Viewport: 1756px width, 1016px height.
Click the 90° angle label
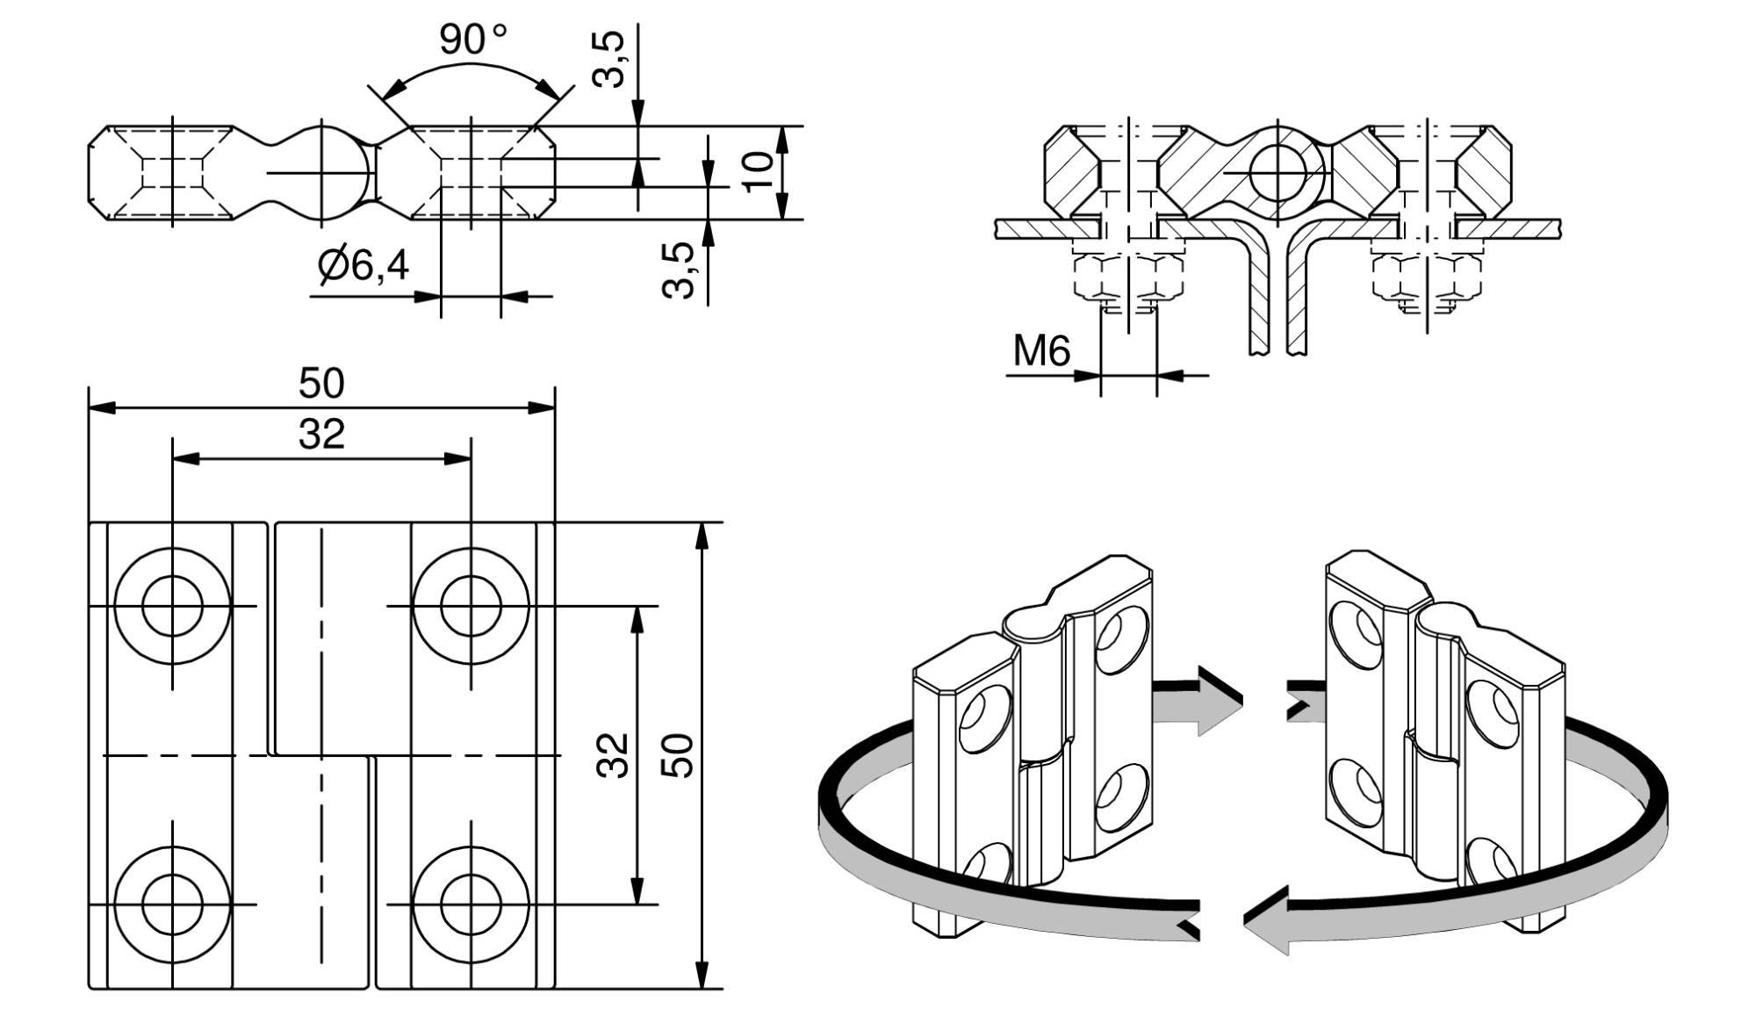click(472, 40)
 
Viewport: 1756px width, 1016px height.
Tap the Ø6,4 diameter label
click(363, 264)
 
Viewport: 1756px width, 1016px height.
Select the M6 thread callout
click(1041, 351)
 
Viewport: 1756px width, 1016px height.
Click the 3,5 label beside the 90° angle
click(608, 59)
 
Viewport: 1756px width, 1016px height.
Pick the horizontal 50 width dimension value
click(321, 384)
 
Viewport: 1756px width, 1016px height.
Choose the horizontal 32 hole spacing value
click(321, 435)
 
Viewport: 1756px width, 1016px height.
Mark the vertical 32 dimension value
click(613, 755)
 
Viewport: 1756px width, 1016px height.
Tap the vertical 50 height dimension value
click(677, 755)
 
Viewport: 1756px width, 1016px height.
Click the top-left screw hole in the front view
click(172, 606)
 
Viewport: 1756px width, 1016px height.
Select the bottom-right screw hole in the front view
click(471, 904)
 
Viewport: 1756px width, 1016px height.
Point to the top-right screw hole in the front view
click(471, 606)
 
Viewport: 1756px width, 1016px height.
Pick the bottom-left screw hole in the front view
click(172, 904)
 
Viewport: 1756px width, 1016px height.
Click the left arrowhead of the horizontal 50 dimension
click(102, 407)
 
